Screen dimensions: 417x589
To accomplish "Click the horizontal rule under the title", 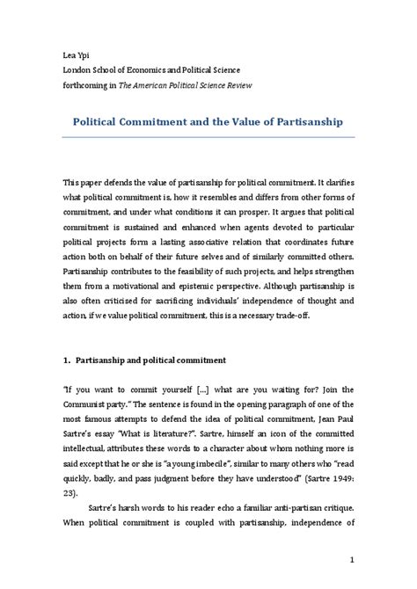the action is point(208,137).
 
